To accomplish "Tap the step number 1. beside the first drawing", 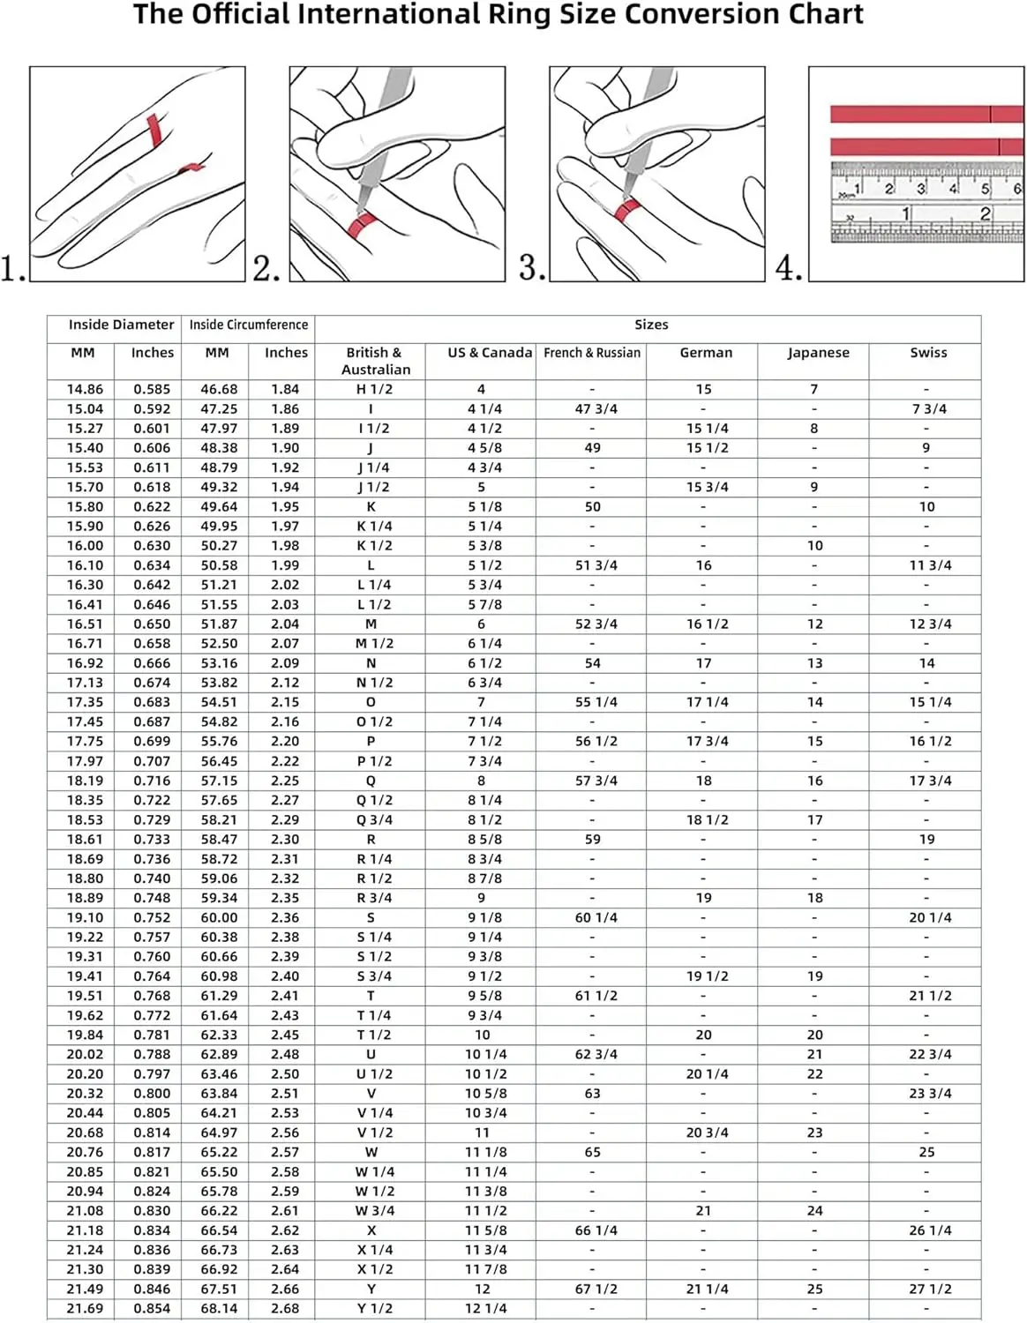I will [x=13, y=268].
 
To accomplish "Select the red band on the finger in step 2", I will [x=362, y=226].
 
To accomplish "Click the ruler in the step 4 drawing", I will [x=926, y=202].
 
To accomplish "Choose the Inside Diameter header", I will [x=121, y=325].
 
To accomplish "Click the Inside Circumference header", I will [x=248, y=325].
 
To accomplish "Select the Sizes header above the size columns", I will [x=651, y=325].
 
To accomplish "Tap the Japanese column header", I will [x=818, y=353].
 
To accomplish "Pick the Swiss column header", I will [x=928, y=353].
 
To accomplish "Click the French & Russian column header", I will [x=592, y=353].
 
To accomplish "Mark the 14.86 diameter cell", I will [x=85, y=389].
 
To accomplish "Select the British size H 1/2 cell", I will [x=374, y=389].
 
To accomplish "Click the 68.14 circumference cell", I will [x=219, y=1308].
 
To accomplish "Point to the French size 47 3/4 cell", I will [x=596, y=409].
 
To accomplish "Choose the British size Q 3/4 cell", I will [x=374, y=819].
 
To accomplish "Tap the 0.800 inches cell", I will [x=152, y=1093].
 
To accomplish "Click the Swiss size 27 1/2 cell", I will [x=930, y=1289].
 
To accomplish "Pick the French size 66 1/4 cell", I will [x=596, y=1230].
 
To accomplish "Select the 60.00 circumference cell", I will [x=219, y=917].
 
